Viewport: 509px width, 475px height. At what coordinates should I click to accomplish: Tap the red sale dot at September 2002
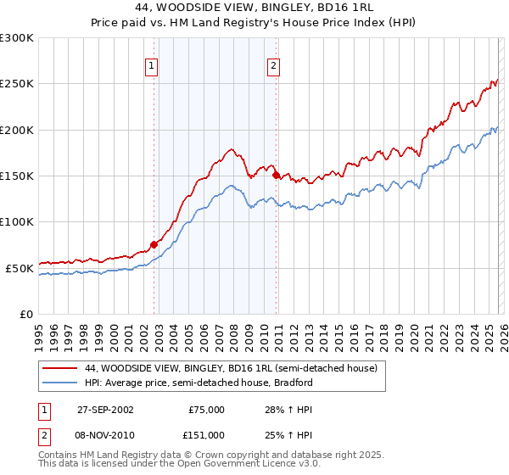tap(154, 244)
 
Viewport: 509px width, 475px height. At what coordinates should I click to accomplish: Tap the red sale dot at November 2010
tap(276, 175)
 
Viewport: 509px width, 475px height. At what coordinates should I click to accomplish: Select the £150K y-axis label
tap(17, 176)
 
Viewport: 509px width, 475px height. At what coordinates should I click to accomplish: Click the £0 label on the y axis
tap(25, 314)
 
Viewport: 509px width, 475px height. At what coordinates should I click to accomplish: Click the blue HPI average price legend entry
tap(199, 383)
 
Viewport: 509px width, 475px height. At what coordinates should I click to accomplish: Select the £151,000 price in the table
tap(206, 434)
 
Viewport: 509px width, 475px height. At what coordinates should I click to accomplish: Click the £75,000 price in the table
tap(206, 409)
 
